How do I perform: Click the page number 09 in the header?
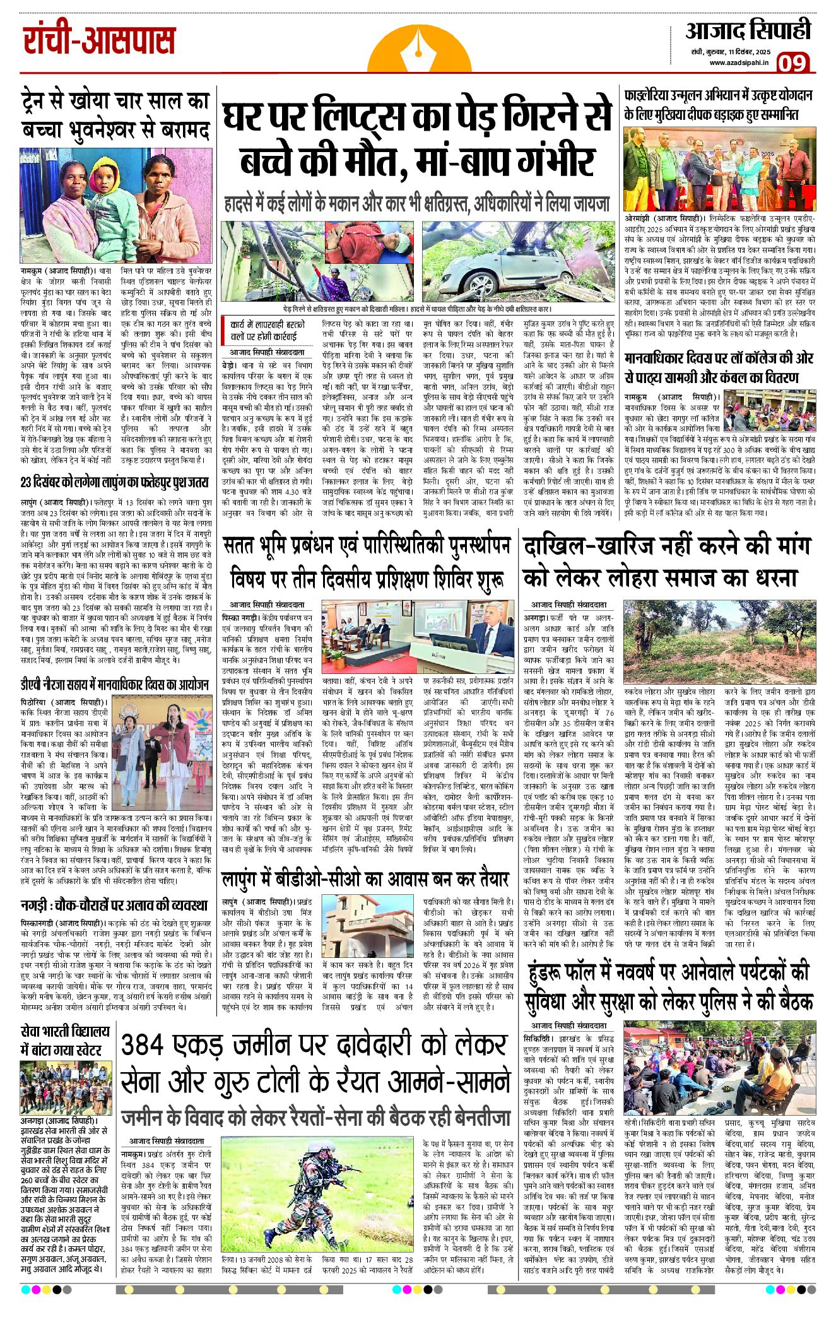(x=792, y=63)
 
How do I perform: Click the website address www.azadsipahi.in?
(x=738, y=62)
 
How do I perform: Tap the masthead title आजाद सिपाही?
(x=748, y=30)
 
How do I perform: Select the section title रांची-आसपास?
(x=99, y=40)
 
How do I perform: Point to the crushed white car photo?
(x=517, y=260)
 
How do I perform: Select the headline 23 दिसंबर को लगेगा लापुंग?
(x=114, y=482)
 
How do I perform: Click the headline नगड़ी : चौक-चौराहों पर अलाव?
(x=114, y=904)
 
